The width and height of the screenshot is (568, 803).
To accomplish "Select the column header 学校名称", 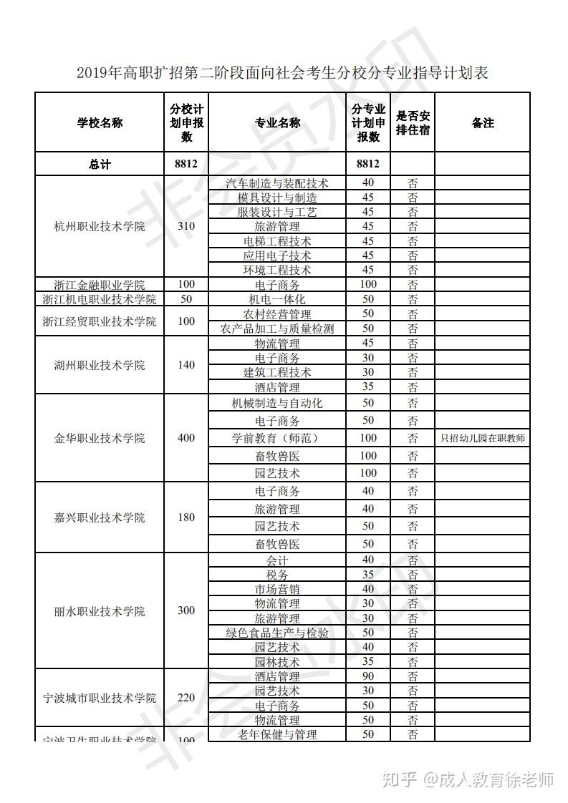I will click(x=100, y=123).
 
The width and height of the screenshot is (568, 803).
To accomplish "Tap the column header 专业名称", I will click(x=277, y=123).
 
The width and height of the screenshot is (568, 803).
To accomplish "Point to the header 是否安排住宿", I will click(x=413, y=123).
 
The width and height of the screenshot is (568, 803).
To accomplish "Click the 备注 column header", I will click(x=482, y=123).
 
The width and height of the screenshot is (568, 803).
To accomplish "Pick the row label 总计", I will click(x=100, y=164).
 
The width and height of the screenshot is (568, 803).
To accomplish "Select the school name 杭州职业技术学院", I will click(x=100, y=227).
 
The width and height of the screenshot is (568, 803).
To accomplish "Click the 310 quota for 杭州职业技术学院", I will click(x=186, y=227).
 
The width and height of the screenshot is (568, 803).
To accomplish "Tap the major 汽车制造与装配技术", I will click(x=277, y=183).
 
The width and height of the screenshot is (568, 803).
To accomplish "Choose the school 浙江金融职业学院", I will click(x=100, y=285).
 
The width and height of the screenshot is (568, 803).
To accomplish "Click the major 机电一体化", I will click(x=277, y=299).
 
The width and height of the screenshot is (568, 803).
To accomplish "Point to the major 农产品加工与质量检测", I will click(x=277, y=328).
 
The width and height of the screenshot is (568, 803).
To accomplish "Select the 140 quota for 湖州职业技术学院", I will click(x=186, y=365).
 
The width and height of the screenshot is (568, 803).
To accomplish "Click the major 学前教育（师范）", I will click(x=277, y=438).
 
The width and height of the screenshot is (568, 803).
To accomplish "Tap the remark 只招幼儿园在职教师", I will click(x=482, y=438).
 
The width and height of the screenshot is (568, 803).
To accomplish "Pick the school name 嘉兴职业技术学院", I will click(x=100, y=517).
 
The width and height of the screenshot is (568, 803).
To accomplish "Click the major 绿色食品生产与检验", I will click(x=277, y=633).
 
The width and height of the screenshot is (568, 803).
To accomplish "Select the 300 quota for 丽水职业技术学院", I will click(x=186, y=611).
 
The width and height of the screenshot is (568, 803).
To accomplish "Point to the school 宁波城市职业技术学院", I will click(x=100, y=698).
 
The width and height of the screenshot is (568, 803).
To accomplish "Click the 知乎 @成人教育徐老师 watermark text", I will click(x=469, y=779).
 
